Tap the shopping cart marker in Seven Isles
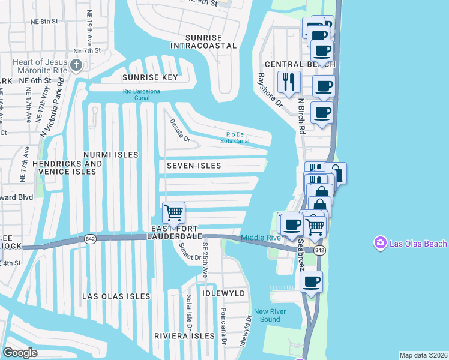[x=173, y=212]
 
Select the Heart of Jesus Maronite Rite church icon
[x=76, y=65]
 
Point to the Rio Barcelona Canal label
[x=142, y=91]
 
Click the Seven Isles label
[x=194, y=166]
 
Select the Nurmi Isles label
[x=111, y=155]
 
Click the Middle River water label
[x=262, y=238]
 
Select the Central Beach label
[x=291, y=64]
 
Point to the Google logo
[x=20, y=353]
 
